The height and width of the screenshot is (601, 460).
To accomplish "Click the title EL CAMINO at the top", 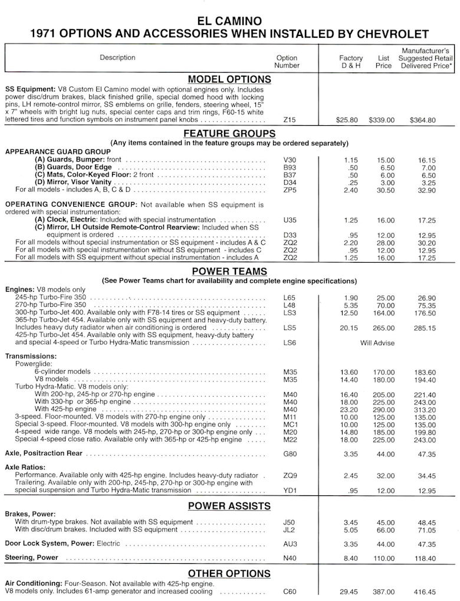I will [x=229, y=21].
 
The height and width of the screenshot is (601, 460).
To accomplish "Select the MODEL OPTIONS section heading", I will [x=229, y=80].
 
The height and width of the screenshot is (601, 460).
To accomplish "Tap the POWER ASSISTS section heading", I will [x=229, y=506].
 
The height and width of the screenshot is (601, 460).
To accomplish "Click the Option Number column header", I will [x=287, y=62].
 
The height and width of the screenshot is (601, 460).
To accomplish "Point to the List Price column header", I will [x=383, y=62].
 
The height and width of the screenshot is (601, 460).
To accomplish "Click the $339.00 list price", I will [x=382, y=120].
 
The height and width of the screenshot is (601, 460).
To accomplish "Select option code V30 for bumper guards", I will [x=290, y=160].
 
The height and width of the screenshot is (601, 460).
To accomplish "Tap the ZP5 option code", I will [x=290, y=190].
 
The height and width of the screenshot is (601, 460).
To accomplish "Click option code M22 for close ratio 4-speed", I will [x=290, y=439].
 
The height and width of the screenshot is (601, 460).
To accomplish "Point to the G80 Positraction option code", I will [x=290, y=454].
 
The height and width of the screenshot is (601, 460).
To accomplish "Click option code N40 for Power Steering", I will [x=290, y=557].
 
